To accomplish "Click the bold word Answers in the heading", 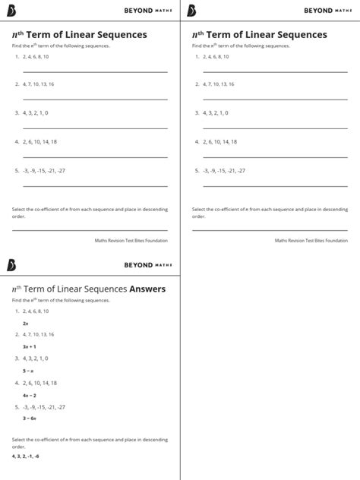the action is (x=147, y=289).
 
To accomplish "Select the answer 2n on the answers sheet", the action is (x=26, y=324).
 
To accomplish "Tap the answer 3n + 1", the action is (x=30, y=346).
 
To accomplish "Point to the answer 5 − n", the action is (x=29, y=371).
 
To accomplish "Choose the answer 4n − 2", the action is (x=30, y=395).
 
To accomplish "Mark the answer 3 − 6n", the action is (x=30, y=418).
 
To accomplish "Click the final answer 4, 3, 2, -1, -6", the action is (x=26, y=456).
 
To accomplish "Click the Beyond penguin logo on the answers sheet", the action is (x=11, y=264).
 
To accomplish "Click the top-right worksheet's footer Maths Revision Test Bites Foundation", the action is (x=311, y=241).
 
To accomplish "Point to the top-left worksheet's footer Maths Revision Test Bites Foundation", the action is (x=131, y=241).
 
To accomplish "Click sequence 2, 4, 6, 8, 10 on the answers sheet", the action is (x=36, y=311).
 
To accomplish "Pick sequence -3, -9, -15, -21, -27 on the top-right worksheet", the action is (x=224, y=171).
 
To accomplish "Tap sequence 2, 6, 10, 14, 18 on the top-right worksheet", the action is (x=220, y=142).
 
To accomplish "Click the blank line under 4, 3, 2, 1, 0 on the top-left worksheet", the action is (x=95, y=128).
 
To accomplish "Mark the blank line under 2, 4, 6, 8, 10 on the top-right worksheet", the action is (x=275, y=71).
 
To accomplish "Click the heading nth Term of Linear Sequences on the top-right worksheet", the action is (x=259, y=35).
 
